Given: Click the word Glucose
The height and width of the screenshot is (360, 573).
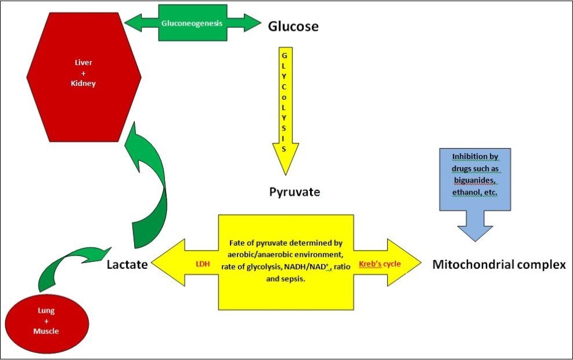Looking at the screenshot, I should pos(293,27).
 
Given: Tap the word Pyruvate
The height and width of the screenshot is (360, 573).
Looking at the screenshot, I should pos(294,192).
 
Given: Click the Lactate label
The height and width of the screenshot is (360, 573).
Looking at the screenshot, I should pos(127,265).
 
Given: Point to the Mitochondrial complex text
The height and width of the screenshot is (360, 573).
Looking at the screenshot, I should pos(499,265).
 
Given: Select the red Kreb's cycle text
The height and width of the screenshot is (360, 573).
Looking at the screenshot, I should pos(381,264).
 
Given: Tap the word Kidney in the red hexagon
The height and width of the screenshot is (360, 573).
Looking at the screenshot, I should pos(84,84).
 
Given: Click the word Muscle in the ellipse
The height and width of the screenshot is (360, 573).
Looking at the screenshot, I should pos(45,331).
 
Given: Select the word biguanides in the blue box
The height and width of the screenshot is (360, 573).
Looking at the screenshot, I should pos(475,180).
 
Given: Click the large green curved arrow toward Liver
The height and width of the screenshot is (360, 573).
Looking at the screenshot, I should pos(150,186).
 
